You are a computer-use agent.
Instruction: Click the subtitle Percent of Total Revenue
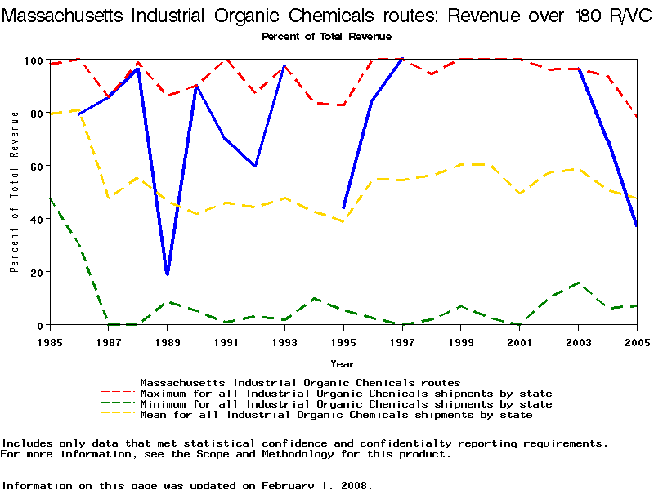coord(326,36)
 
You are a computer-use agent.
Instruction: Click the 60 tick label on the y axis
coord(35,166)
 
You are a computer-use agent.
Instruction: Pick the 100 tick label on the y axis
coord(33,60)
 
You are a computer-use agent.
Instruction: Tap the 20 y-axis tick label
coord(35,272)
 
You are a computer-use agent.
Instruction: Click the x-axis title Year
coord(343,363)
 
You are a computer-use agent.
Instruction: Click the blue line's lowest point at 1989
coord(167,274)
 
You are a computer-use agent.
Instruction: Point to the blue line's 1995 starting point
coord(343,208)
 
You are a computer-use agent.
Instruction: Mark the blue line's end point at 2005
coord(637,226)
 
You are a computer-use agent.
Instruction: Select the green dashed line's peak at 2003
coord(578,283)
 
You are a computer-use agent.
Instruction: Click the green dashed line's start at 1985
coord(50,198)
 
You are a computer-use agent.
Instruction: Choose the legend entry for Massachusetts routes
coord(300,382)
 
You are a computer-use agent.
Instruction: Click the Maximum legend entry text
coord(346,394)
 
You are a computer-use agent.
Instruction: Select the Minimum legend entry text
coord(346,404)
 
